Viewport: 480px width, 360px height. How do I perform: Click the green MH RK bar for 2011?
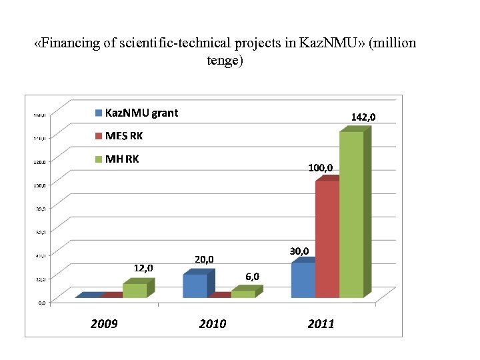[351, 213]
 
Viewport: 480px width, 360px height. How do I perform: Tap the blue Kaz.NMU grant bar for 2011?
[303, 280]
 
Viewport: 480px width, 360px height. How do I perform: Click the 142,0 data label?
[363, 117]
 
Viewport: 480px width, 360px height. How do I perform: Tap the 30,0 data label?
[299, 251]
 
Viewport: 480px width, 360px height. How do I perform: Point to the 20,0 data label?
[204, 259]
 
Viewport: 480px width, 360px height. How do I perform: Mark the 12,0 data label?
[143, 268]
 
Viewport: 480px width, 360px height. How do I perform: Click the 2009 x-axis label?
[104, 324]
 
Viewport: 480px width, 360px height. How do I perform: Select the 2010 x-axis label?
[213, 324]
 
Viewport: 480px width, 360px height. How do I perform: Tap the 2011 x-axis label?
[321, 324]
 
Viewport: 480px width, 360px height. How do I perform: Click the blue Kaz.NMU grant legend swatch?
[99, 113]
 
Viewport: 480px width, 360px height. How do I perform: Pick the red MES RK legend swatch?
[99, 136]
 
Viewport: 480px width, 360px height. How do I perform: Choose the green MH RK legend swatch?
[99, 159]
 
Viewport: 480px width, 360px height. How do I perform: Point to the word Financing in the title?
[71, 43]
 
